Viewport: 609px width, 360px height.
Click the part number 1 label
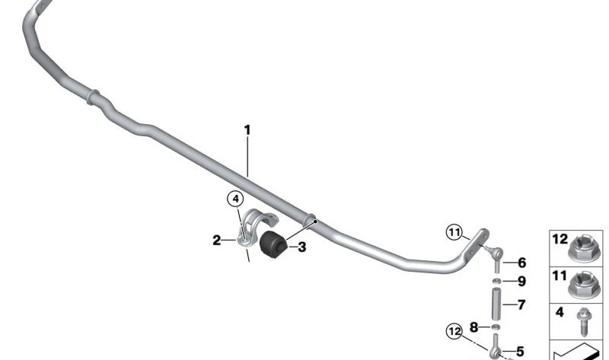pos(247,130)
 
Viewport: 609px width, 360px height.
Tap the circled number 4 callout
pos(235,199)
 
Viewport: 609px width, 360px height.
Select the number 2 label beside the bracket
pos(217,241)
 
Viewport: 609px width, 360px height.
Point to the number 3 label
pos(301,247)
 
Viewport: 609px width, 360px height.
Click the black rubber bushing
pos(273,244)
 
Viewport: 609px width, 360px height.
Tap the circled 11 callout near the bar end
pos(454,232)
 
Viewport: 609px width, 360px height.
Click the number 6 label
pos(522,263)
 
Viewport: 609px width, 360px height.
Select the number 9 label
pos(522,281)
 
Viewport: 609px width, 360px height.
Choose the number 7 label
pos(521,305)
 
